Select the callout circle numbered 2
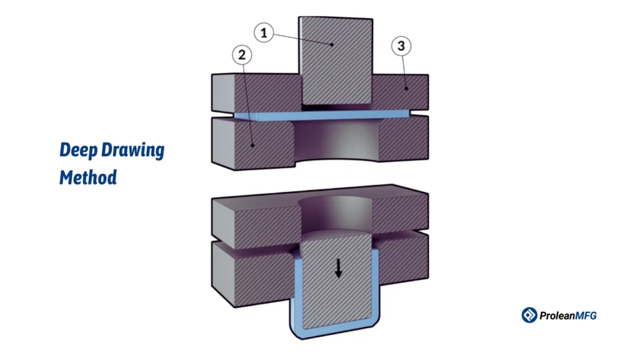click(x=241, y=56)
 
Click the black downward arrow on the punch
click(x=338, y=268)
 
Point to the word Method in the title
click(x=88, y=177)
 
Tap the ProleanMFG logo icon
click(x=529, y=315)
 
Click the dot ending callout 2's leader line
click(x=252, y=145)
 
